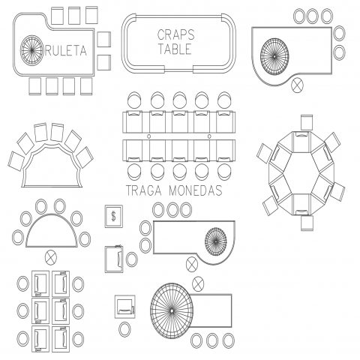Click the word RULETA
65,51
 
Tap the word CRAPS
176,34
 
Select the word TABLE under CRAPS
175,49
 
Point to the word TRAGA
143,190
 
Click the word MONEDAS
196,190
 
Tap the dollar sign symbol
114,216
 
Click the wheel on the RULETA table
31,50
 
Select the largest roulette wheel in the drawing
172,310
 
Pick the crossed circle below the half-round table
51,258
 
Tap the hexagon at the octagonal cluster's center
301,173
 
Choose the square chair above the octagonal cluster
307,122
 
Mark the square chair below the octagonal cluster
307,223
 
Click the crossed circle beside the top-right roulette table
298,85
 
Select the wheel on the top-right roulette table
274,56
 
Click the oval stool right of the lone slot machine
132,259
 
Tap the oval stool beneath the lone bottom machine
124,329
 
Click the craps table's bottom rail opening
178,70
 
